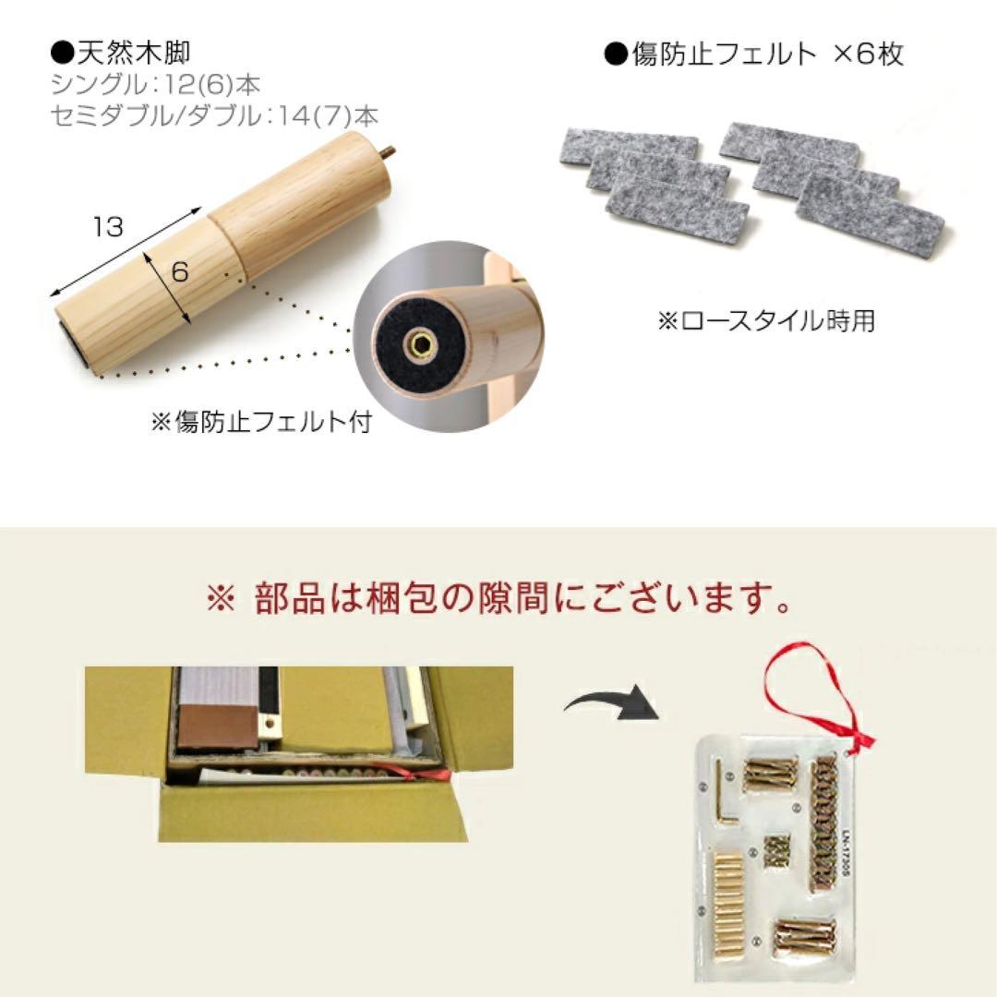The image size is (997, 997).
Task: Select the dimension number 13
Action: pyautogui.click(x=108, y=226)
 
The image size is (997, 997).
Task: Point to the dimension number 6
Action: pyautogui.click(x=180, y=271)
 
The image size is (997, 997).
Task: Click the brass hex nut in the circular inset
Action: pyautogui.click(x=421, y=346)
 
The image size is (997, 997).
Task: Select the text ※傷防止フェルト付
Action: pyautogui.click(x=260, y=423)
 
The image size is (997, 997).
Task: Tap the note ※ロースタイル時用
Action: pyautogui.click(x=765, y=320)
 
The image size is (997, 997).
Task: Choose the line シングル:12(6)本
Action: pyautogui.click(x=156, y=86)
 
